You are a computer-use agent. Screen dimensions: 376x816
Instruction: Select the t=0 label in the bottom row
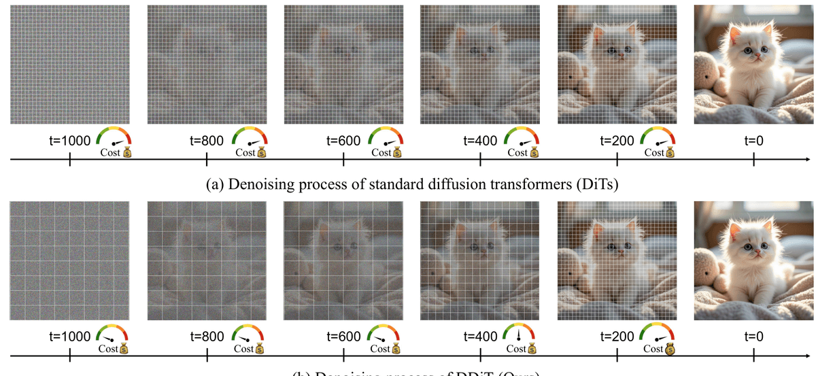[x=754, y=337]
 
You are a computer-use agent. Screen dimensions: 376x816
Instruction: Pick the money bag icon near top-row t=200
[x=670, y=152]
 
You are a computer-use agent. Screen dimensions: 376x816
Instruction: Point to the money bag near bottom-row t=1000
[x=125, y=349]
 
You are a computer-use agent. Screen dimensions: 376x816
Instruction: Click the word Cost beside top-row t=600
[x=382, y=153]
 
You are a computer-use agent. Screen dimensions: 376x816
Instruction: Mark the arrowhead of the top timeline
[x=811, y=160]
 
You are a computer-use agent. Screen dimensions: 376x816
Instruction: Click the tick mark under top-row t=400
[x=481, y=160]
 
